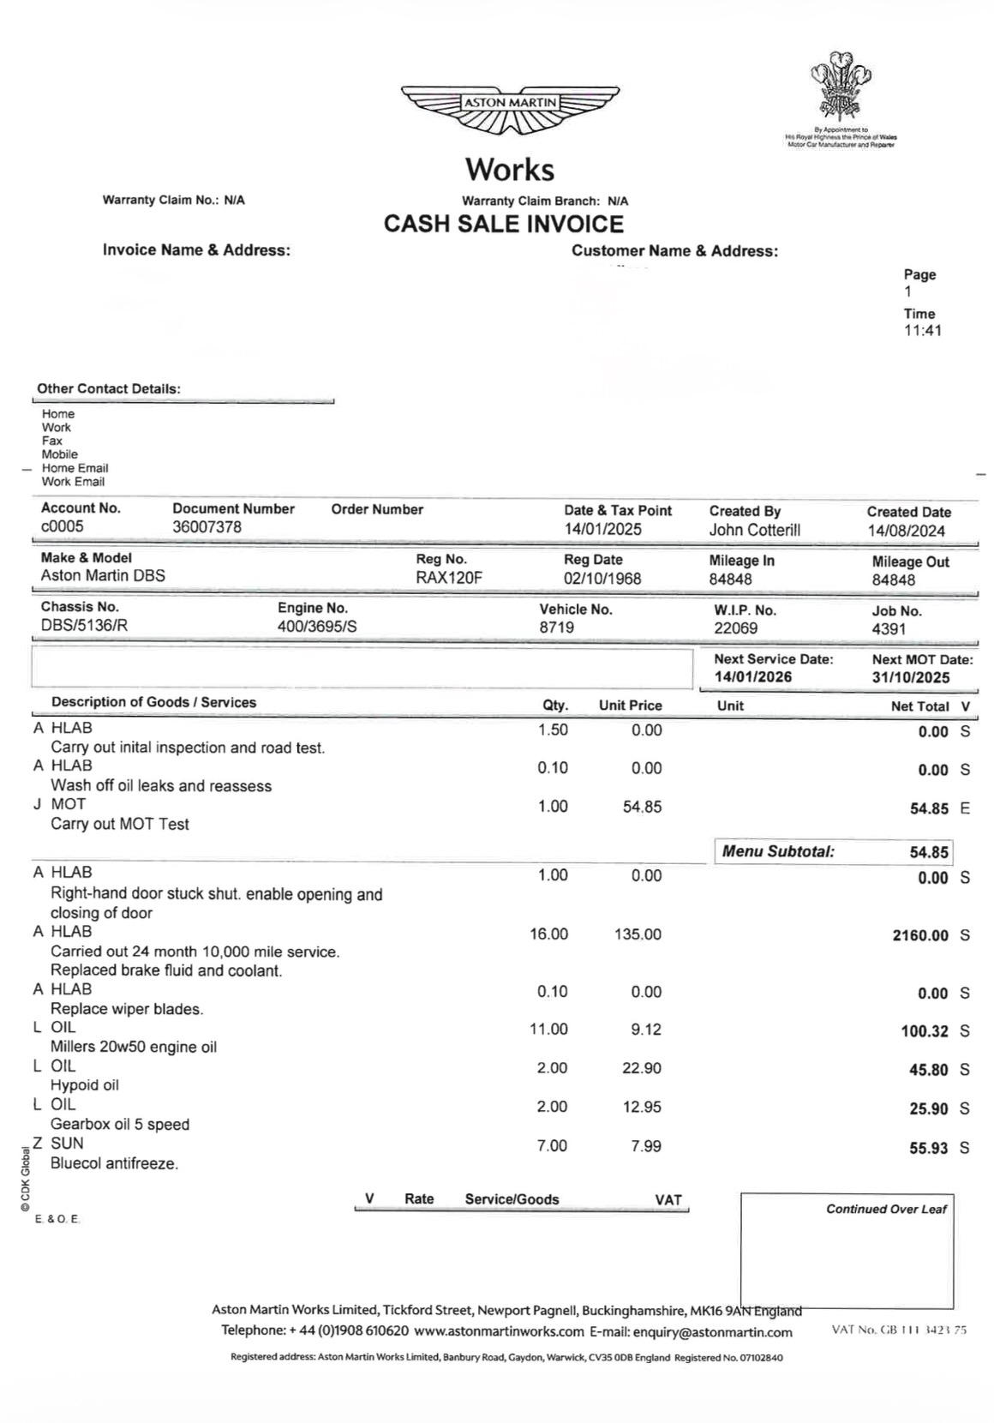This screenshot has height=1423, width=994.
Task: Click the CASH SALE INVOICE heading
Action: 504,225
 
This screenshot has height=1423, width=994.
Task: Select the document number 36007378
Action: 207,527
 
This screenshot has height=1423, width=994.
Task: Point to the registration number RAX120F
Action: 449,578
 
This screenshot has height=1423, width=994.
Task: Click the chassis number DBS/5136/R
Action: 84,626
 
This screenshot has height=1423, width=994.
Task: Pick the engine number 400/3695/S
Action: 317,627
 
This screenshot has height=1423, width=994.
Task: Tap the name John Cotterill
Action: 754,530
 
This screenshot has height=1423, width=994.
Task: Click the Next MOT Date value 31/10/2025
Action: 911,678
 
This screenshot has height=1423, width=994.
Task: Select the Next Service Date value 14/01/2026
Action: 753,677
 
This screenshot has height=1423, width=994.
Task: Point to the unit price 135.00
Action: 638,934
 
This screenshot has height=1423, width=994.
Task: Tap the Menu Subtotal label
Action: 778,852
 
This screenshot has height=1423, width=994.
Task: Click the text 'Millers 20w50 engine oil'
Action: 134,1047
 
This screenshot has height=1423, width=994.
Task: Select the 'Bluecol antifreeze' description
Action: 115,1164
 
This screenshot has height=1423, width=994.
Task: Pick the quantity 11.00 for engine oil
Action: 548,1030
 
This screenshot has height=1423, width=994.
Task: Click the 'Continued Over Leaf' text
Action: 886,1210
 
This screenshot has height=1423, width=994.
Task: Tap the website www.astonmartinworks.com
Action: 498,1332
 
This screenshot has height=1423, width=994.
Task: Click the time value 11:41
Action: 922,331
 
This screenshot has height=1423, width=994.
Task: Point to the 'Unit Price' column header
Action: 630,705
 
